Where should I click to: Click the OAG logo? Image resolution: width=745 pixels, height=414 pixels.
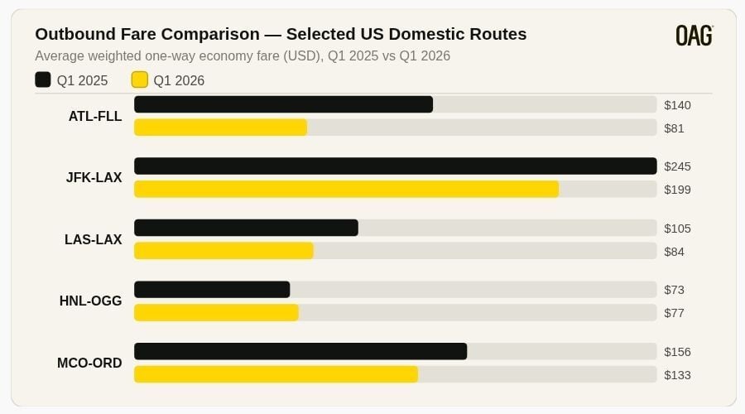[x=694, y=35]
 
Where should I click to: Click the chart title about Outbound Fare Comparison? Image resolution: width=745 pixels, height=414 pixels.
[x=281, y=34]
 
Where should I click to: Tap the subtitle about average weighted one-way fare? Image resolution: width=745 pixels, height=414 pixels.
[x=243, y=56]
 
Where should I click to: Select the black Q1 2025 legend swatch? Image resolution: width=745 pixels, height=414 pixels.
[x=43, y=79]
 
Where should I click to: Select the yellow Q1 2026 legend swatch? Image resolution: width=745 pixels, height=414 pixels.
[x=140, y=79]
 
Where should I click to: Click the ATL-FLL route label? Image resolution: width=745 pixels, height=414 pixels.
[x=95, y=116]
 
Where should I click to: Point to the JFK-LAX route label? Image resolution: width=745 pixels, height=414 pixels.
[x=94, y=177]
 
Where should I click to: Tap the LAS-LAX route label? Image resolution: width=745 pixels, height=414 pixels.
[x=94, y=239]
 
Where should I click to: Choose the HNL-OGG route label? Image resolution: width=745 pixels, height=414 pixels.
[x=91, y=301]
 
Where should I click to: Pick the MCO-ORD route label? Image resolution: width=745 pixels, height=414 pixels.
[x=89, y=363]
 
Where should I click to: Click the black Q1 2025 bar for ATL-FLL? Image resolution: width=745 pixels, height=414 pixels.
[x=283, y=104]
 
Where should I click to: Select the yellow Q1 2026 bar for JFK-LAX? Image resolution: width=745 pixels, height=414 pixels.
[x=346, y=189]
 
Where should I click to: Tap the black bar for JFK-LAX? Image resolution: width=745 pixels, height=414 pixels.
[x=395, y=166]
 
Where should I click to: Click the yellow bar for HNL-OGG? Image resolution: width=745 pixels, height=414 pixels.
[x=216, y=312]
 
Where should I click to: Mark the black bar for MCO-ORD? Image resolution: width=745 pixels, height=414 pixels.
[x=300, y=351]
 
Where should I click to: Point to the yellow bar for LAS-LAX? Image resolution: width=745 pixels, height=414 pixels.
[x=223, y=251]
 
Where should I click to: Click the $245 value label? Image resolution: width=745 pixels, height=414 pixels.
[x=677, y=166]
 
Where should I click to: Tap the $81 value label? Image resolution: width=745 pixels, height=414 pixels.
[x=674, y=128]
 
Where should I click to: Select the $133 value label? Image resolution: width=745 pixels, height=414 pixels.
[x=677, y=375]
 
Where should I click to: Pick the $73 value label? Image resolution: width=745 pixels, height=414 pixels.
[x=674, y=290]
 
